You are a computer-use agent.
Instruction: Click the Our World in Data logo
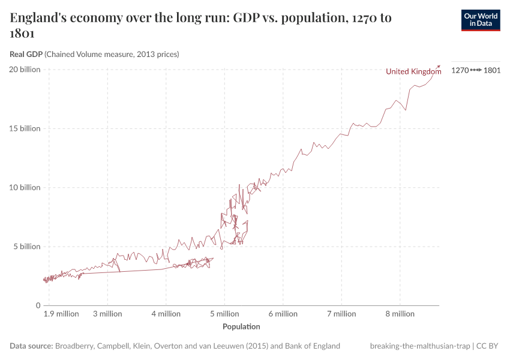pos(480,20)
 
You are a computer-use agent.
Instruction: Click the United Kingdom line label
pos(413,71)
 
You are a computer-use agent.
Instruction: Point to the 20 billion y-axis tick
pos(25,70)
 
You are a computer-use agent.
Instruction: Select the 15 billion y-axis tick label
pos(25,128)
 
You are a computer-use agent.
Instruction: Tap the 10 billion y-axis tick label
pos(25,187)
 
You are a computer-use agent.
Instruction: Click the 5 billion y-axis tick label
pos(26,247)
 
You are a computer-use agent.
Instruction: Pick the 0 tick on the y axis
pos(37,305)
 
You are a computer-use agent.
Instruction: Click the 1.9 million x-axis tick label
pos(61,314)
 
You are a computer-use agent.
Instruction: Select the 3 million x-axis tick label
pos(107,314)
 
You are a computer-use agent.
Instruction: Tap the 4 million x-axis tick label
pos(166,314)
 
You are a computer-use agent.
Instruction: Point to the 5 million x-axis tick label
pos(224,314)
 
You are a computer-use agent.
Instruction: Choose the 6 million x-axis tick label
pos(283,314)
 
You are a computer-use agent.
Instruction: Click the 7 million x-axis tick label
pos(341,314)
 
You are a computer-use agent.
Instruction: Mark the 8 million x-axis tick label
pos(400,314)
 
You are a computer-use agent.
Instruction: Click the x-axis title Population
pos(241,326)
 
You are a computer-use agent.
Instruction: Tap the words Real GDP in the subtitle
pos(26,55)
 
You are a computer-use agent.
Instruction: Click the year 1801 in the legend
pos(492,70)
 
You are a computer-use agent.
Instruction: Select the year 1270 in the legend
pos(460,70)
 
